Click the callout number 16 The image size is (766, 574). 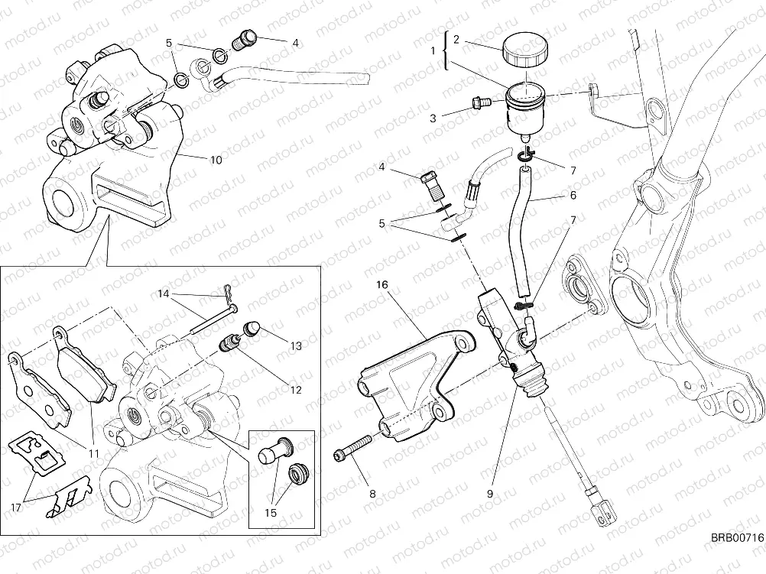coord(382,284)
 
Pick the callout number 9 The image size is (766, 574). coord(489,493)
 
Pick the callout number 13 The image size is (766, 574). coord(296,345)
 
